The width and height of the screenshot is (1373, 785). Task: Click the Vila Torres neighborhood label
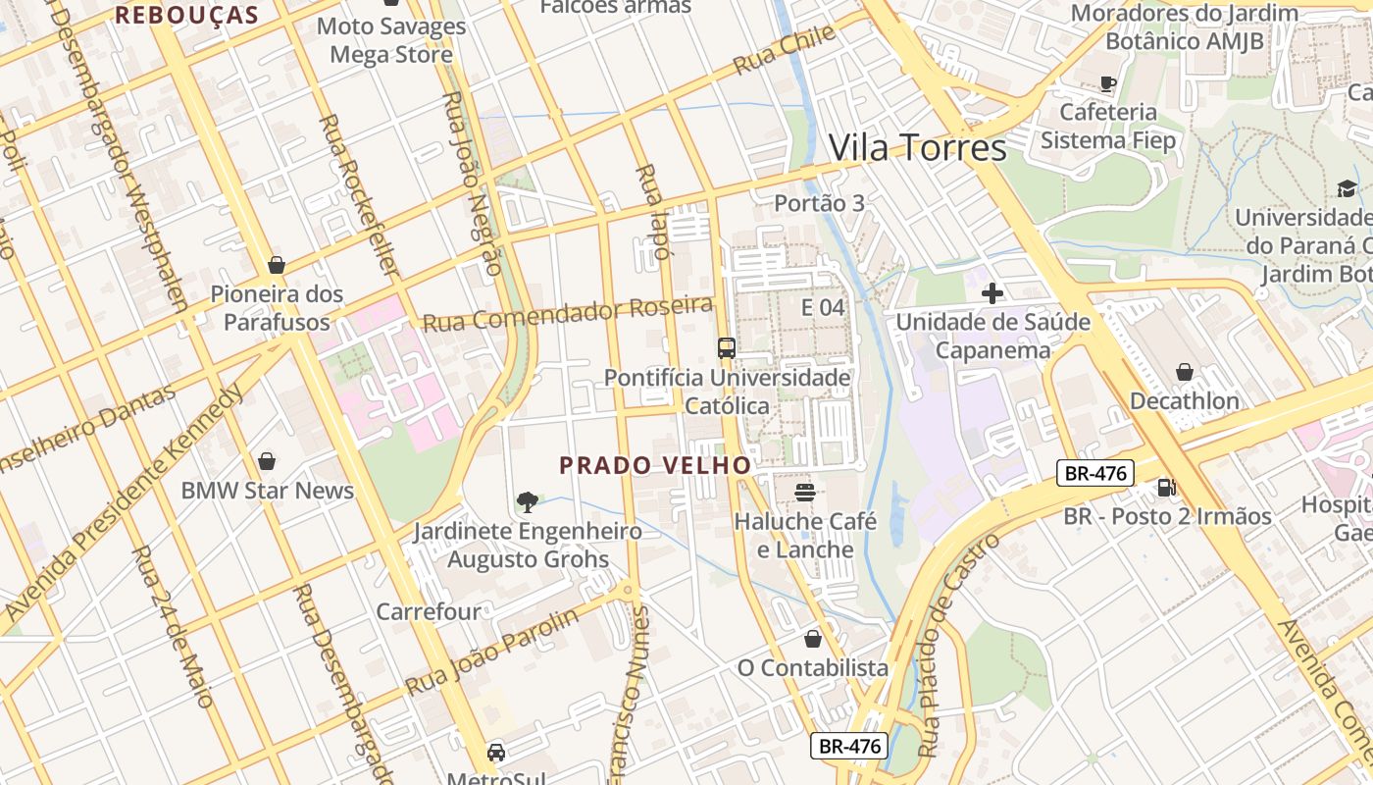917,148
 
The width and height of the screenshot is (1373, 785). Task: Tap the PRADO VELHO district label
655,465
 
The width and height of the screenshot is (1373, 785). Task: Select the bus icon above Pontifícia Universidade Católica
726,348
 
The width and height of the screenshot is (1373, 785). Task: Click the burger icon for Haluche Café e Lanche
805,492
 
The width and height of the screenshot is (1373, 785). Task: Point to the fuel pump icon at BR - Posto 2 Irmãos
1166,487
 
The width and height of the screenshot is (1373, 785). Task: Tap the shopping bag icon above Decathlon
1184,372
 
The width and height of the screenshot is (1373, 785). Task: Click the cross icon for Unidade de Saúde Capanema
992,292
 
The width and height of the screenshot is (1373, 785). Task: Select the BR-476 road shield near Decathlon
1095,473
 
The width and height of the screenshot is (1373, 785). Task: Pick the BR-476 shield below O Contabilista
849,746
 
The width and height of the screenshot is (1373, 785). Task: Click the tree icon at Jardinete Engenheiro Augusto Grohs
528,502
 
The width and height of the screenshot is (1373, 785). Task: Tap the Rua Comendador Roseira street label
567,314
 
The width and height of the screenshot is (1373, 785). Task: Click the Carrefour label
429,611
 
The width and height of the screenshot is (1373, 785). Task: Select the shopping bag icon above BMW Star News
267,461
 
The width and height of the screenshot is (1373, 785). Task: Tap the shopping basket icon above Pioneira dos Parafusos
277,265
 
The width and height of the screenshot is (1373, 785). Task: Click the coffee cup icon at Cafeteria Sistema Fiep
1108,83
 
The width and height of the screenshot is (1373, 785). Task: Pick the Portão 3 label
819,203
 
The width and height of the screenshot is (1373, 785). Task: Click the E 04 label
822,307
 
